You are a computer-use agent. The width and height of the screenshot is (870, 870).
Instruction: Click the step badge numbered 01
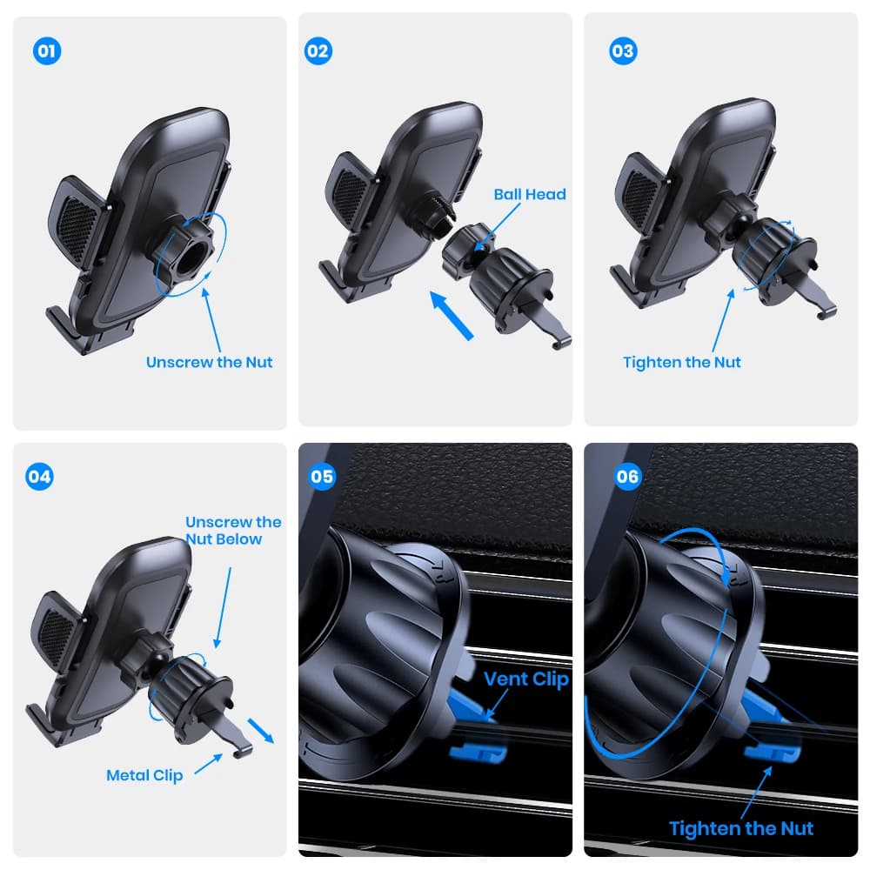point(47,51)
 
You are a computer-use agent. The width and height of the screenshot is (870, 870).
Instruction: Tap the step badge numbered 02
point(318,51)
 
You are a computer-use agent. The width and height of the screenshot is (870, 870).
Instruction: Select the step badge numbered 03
point(623,51)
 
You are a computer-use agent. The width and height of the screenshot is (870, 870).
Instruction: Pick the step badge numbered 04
point(39,477)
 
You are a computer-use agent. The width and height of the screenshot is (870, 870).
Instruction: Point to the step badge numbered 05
point(323,477)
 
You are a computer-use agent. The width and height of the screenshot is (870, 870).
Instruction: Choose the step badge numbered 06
point(627,477)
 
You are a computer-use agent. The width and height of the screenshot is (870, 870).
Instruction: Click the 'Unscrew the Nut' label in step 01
point(209,362)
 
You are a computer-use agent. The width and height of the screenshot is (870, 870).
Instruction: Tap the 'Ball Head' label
point(530,194)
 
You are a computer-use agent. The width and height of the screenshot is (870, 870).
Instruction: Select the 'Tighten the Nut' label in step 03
point(682,362)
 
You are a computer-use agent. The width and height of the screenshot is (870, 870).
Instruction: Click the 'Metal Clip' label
point(144,775)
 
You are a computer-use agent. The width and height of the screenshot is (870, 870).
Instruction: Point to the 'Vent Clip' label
point(526,679)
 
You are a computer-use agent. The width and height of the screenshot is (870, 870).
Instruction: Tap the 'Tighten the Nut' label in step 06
point(741,828)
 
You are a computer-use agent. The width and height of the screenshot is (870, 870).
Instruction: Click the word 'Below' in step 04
point(240,539)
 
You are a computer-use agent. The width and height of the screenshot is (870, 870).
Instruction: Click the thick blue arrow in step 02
point(451,316)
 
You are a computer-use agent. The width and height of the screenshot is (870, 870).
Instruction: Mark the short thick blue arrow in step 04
point(261,731)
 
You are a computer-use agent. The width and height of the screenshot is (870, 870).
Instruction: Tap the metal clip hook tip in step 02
point(558,345)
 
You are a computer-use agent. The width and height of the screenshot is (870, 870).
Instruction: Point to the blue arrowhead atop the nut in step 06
point(726,579)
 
